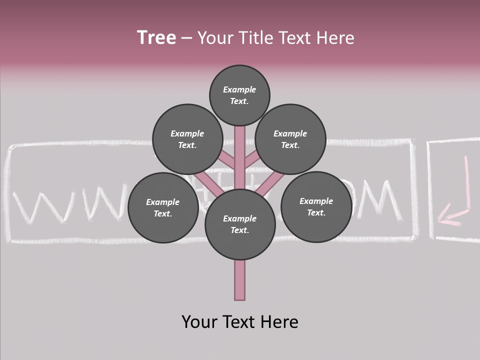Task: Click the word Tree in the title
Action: pyautogui.click(x=156, y=38)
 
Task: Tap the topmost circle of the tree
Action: pyautogui.click(x=239, y=95)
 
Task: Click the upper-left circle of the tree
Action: pyautogui.click(x=187, y=139)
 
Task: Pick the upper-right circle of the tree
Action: pyautogui.click(x=290, y=139)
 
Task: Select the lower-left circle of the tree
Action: pyautogui.click(x=162, y=207)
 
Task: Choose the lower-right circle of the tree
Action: pyautogui.click(x=316, y=206)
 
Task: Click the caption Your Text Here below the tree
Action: pyautogui.click(x=239, y=322)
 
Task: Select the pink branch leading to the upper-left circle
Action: pyautogui.click(x=228, y=159)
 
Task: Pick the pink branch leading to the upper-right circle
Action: pyautogui.click(x=251, y=159)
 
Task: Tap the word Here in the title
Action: pyautogui.click(x=335, y=38)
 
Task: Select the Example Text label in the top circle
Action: pyautogui.click(x=239, y=95)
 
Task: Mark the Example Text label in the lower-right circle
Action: pyautogui.click(x=316, y=206)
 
